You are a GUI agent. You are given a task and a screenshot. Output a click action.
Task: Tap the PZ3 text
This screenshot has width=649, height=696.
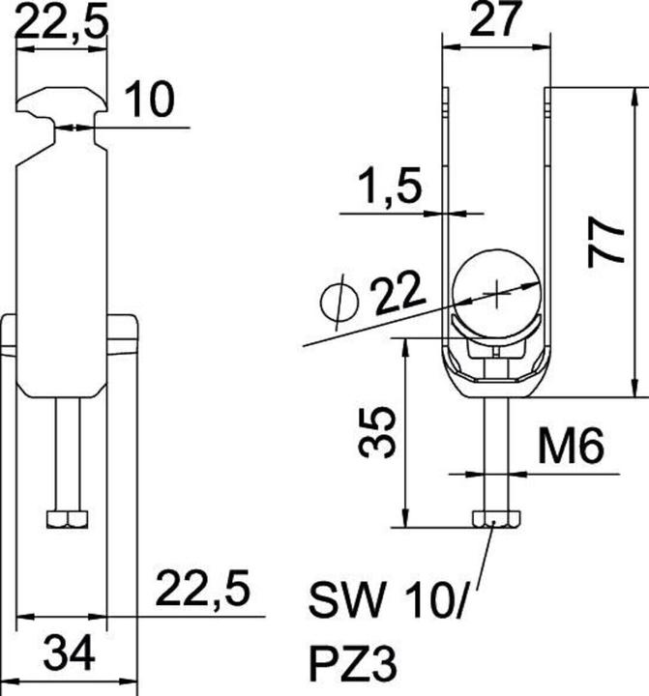pos(355,665)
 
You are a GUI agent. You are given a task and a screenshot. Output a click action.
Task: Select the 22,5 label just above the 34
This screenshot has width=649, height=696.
pos(203,589)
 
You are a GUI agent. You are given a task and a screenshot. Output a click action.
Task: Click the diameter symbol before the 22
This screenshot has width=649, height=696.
pos(339,300)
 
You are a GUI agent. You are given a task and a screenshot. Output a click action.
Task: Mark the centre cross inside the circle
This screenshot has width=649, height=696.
pos(496,289)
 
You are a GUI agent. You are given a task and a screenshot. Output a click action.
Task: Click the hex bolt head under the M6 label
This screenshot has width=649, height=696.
pos(495,520)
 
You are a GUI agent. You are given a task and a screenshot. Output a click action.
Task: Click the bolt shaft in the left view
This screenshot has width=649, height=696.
pos(67,454)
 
